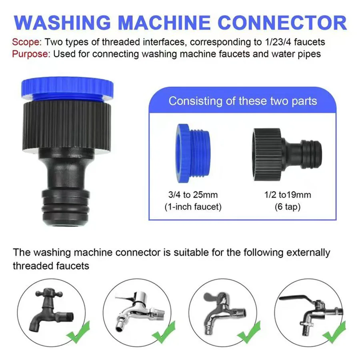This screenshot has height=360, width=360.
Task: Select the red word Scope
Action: (27, 42)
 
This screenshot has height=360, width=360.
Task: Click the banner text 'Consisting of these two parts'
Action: (242, 101)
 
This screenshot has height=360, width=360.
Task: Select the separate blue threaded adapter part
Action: (194, 154)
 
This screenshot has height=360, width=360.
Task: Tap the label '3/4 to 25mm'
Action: (193, 195)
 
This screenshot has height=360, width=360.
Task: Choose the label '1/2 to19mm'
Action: (288, 195)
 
